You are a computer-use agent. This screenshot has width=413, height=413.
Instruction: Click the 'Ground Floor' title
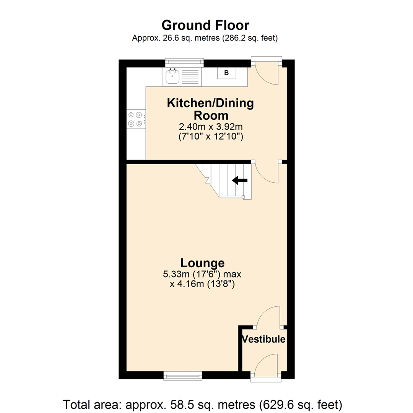coord(205,25)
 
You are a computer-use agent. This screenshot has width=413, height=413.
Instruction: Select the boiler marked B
coord(226,73)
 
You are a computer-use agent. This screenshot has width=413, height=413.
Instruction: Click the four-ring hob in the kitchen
coord(136,119)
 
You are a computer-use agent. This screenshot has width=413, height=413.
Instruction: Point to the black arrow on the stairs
coord(240,181)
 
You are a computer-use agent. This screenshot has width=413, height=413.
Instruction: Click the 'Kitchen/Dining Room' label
coord(210,109)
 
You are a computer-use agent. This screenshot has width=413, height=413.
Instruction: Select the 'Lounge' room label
coord(202,263)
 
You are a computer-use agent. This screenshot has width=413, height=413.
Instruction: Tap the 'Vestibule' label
coord(263,339)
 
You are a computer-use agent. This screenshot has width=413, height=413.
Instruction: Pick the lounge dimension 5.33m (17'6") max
coord(202,274)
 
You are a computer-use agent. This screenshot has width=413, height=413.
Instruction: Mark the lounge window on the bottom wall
coord(183,376)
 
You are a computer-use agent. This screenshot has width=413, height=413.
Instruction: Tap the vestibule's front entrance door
coord(266,363)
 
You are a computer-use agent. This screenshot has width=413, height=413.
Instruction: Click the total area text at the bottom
coord(202,404)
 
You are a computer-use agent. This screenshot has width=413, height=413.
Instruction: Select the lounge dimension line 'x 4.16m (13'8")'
coord(202,284)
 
